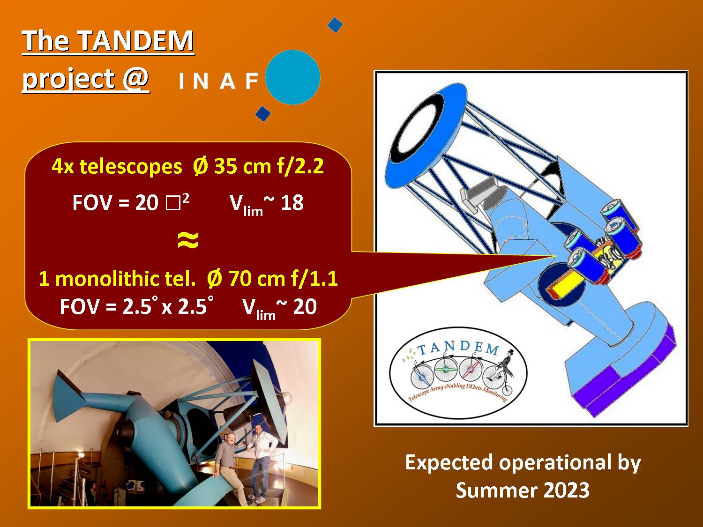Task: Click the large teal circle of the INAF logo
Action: click(x=293, y=77)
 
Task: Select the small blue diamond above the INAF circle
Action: click(x=335, y=25)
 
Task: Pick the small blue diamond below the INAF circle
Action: click(x=263, y=113)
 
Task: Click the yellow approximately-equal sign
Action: click(x=188, y=240)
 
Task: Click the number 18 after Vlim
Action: click(x=292, y=202)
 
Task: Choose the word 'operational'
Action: click(x=554, y=463)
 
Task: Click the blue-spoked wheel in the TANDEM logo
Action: click(x=422, y=378)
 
